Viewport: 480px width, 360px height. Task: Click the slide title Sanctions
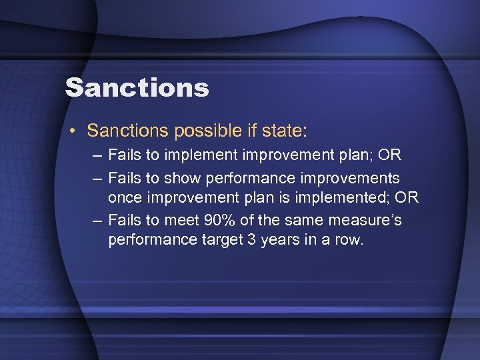click(137, 87)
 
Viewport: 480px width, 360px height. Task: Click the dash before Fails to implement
click(98, 156)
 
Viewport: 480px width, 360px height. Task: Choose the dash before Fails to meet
click(98, 219)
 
